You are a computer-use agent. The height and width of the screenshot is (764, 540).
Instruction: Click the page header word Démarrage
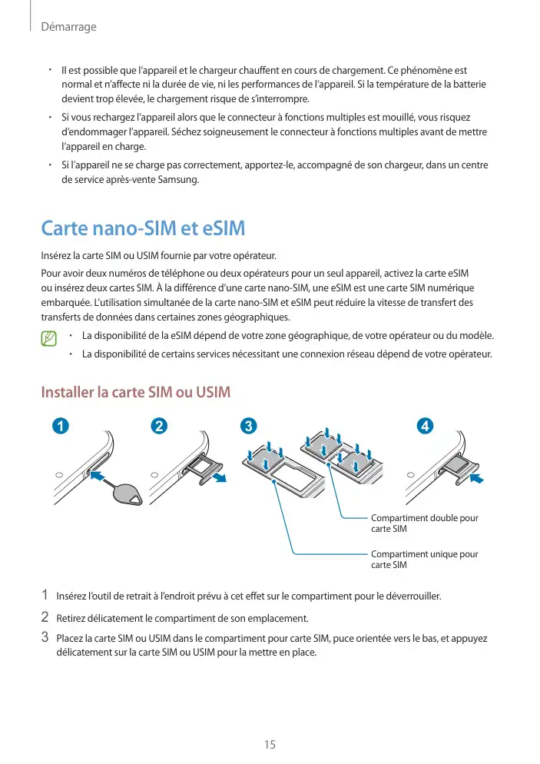click(x=68, y=27)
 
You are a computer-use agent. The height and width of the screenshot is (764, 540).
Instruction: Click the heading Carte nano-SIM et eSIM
click(x=142, y=228)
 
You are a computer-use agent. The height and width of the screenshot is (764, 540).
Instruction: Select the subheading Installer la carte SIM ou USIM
click(x=135, y=393)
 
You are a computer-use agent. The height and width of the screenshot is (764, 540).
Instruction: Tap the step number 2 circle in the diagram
click(x=158, y=426)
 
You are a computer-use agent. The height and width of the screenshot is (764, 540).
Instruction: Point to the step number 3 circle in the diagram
click(x=247, y=426)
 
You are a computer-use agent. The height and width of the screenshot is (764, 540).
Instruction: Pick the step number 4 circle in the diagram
click(x=423, y=426)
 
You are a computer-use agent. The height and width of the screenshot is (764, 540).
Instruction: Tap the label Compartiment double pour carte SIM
click(x=424, y=523)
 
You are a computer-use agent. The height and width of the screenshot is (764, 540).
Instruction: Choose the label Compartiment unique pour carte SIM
click(x=424, y=559)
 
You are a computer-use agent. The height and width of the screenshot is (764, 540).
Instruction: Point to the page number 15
click(x=270, y=744)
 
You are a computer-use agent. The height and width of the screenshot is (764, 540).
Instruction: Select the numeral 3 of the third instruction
click(x=45, y=637)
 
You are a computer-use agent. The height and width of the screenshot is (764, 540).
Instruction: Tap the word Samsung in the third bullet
click(x=180, y=180)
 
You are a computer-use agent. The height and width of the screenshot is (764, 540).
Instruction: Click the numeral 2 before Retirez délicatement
click(x=45, y=616)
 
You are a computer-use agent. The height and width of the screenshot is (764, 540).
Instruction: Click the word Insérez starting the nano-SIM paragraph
click(x=57, y=255)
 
